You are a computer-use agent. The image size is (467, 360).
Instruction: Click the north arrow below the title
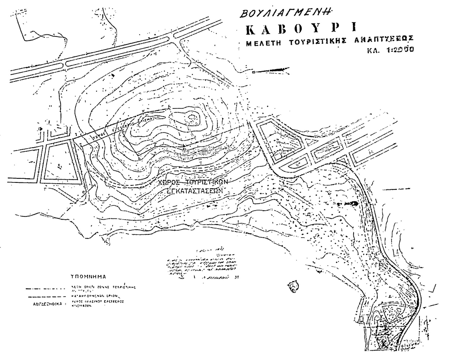[x=274, y=70]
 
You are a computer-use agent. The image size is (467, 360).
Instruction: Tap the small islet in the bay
[x=293, y=286]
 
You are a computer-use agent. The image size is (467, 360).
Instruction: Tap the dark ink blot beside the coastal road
[x=352, y=203]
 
